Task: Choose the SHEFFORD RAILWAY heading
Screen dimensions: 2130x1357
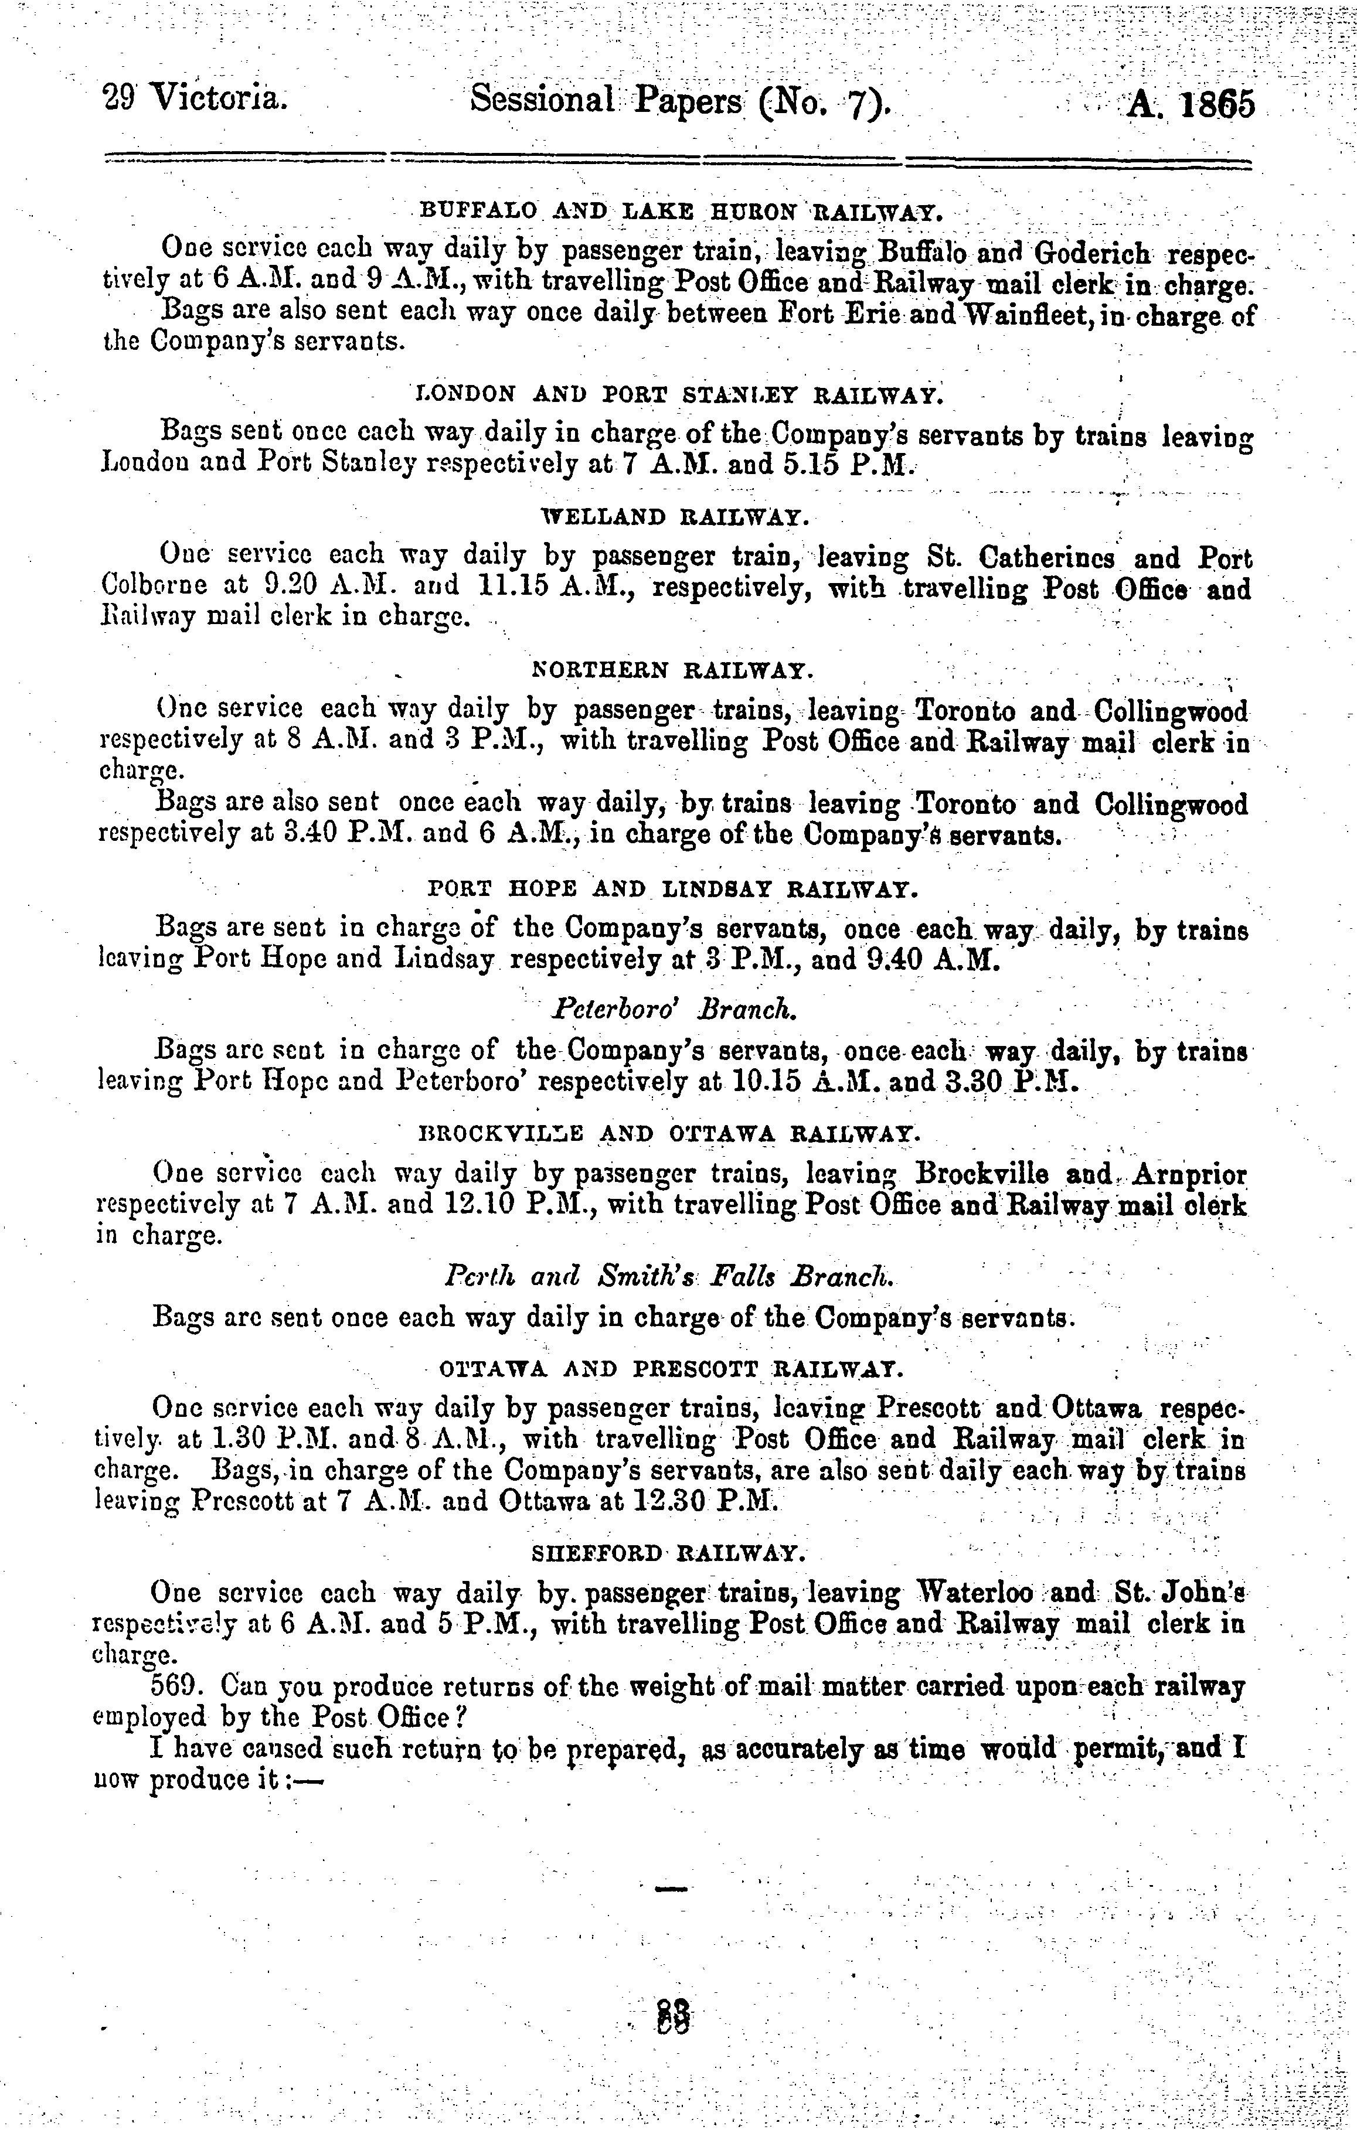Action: [669, 1552]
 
